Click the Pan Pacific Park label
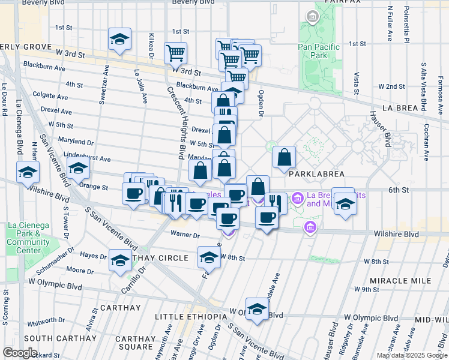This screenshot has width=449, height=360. [319, 51]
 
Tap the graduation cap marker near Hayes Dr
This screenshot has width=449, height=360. [120, 260]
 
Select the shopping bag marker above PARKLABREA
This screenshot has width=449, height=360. [285, 157]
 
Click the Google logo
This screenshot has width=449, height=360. [19, 353]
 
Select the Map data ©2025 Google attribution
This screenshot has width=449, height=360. [411, 355]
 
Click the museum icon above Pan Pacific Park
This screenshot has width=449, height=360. [312, 17]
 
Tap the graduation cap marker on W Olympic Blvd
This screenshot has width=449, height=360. [257, 310]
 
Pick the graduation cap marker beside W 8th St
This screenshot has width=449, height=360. [209, 257]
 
